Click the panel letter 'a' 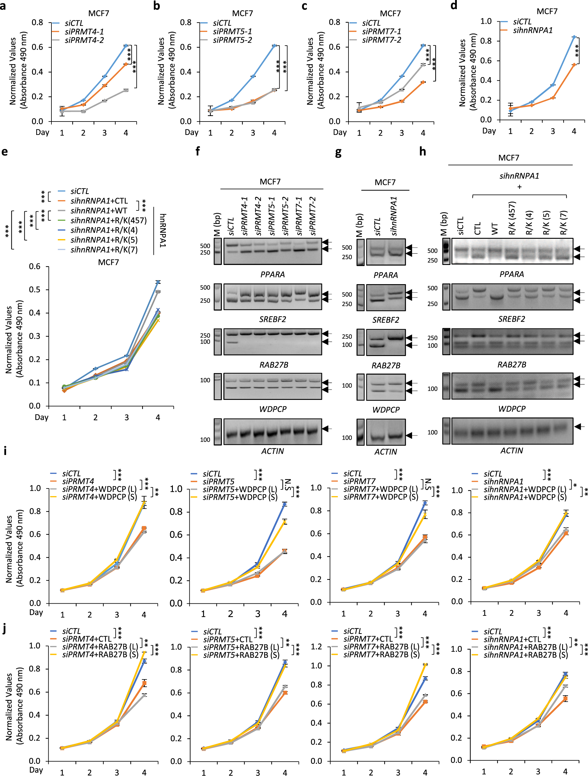point(3,6)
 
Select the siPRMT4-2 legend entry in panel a point(84,40)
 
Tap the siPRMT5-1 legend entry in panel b point(232,32)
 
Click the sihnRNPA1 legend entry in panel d point(532,30)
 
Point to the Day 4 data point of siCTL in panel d point(574,37)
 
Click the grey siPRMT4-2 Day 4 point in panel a point(125,90)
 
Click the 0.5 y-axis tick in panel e point(35,290)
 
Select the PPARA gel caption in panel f point(272,274)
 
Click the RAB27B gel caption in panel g point(386,365)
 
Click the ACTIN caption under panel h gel point(512,451)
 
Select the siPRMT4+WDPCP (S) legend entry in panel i point(99,497)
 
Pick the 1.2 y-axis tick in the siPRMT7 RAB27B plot point(317,646)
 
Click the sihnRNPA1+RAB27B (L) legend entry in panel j point(525,647)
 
